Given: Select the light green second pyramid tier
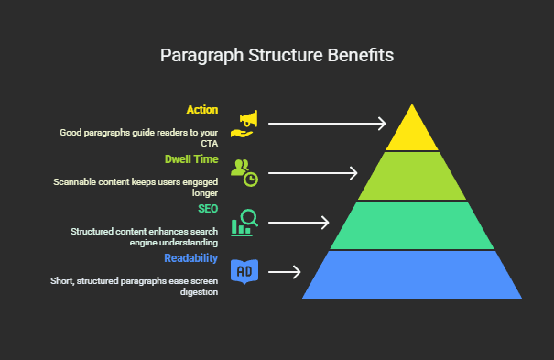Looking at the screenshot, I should pyautogui.click(x=413, y=176).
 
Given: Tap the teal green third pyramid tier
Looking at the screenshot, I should pyautogui.click(x=413, y=225).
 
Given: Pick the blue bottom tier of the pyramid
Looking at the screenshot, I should pyautogui.click(x=413, y=274).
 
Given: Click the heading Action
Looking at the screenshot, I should pyautogui.click(x=202, y=110).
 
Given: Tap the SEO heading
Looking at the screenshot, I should pyautogui.click(x=209, y=209).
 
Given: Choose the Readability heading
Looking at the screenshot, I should pyautogui.click(x=191, y=258).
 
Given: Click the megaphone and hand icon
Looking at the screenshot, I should pyautogui.click(x=244, y=123).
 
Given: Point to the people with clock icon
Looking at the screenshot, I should pyautogui.click(x=244, y=171).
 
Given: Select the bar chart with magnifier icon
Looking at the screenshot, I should pyautogui.click(x=244, y=223).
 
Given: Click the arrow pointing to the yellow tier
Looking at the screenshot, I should pyautogui.click(x=328, y=122).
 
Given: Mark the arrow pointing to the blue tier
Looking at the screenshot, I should pyautogui.click(x=284, y=271).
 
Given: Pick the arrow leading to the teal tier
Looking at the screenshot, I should pyautogui.click(x=299, y=222).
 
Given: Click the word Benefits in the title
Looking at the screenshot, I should pyautogui.click(x=361, y=56).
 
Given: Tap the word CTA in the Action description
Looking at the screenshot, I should pyautogui.click(x=210, y=143).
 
